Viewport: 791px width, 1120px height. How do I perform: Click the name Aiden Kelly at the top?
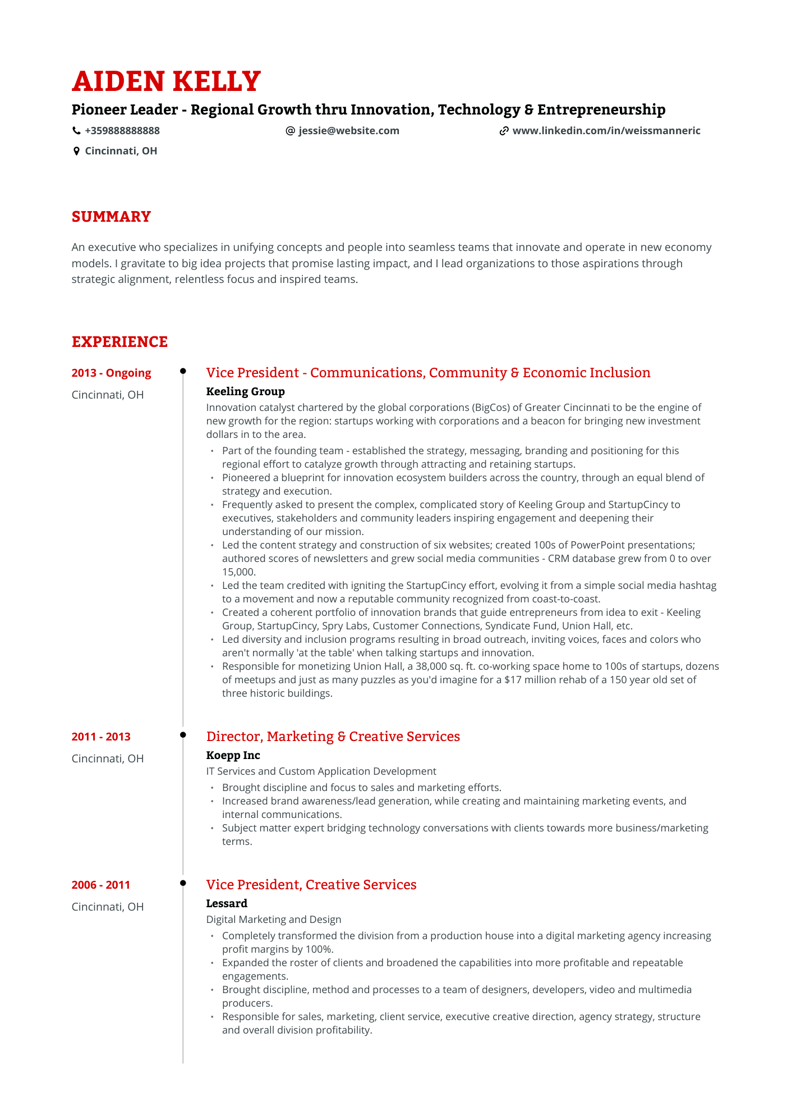click(x=166, y=81)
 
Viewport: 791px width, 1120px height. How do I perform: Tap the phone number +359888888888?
click(x=122, y=131)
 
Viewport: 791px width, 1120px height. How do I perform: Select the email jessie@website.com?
click(x=348, y=131)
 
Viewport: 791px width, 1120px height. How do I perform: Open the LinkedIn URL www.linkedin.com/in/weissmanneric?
click(x=606, y=131)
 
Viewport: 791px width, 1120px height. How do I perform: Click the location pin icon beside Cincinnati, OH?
click(x=76, y=151)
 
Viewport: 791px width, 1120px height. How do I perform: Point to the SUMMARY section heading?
click(x=111, y=217)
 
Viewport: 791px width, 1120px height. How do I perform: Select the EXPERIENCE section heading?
click(x=119, y=342)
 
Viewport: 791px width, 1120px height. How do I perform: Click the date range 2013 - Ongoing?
click(x=111, y=373)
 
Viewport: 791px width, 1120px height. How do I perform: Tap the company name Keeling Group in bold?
click(x=245, y=391)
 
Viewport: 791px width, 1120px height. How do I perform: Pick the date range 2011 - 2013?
click(x=101, y=737)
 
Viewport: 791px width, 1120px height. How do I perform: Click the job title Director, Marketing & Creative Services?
click(x=333, y=737)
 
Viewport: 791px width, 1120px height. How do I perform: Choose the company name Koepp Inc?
click(x=233, y=755)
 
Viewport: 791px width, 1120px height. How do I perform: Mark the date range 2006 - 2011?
click(x=101, y=885)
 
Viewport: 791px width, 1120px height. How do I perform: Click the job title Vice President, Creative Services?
click(x=311, y=885)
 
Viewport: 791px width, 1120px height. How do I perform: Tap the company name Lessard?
click(x=227, y=903)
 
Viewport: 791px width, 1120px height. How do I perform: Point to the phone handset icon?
click(x=76, y=131)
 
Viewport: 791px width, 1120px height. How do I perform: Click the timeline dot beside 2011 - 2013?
click(x=183, y=734)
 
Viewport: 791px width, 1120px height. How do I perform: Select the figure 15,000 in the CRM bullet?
click(x=238, y=572)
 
